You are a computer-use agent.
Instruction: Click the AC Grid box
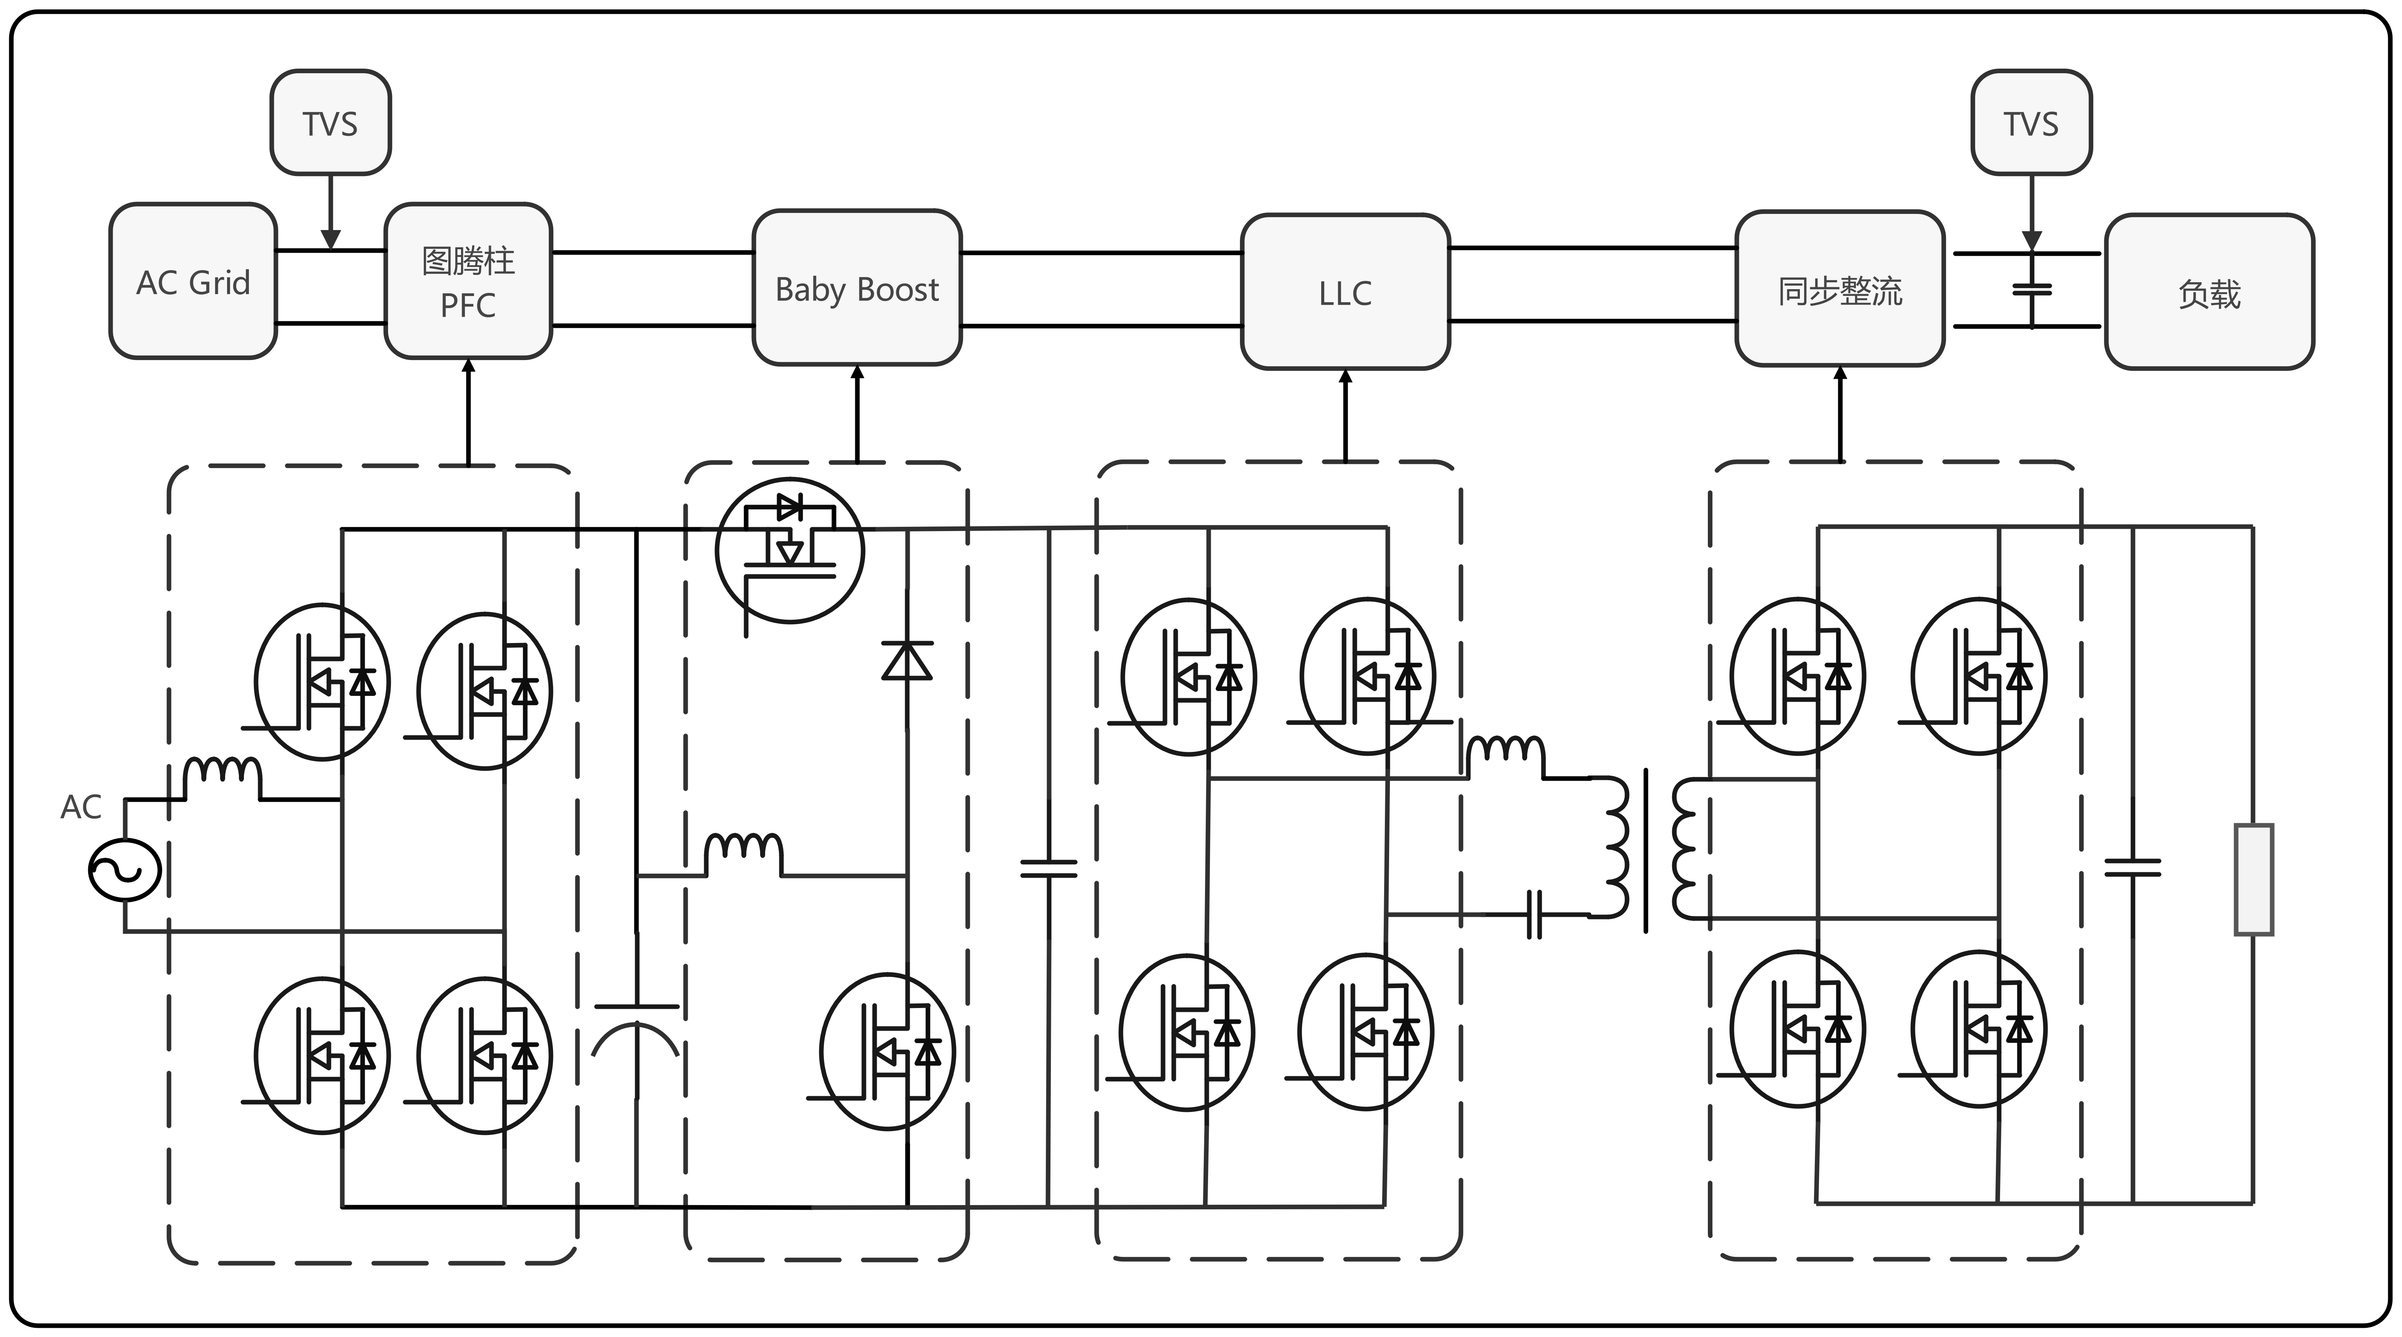click(x=193, y=281)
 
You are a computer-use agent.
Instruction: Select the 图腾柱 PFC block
click(x=468, y=281)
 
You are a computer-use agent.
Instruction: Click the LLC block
click(x=1345, y=293)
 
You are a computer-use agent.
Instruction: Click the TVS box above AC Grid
click(x=330, y=123)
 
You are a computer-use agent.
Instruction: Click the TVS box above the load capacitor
click(x=2031, y=123)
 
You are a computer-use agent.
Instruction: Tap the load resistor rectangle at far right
click(x=2254, y=878)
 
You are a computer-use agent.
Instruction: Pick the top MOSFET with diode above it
click(x=790, y=550)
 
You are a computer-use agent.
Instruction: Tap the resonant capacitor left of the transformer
click(x=1534, y=914)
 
